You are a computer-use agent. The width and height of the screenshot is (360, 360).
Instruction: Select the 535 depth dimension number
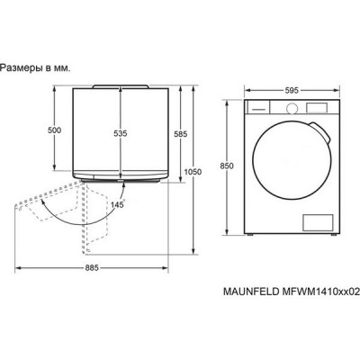coord(120,133)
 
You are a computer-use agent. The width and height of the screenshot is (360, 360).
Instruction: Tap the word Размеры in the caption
coord(22,67)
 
